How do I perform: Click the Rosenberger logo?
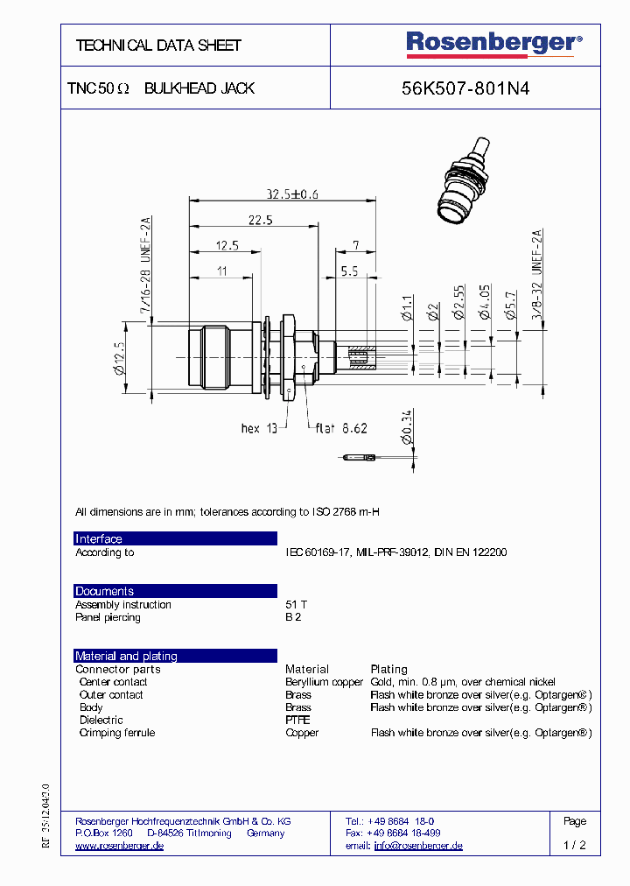pyautogui.click(x=493, y=43)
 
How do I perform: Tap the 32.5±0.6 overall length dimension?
pyautogui.click(x=292, y=194)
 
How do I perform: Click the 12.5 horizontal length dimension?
pyautogui.click(x=227, y=246)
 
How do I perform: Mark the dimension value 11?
pyautogui.click(x=221, y=271)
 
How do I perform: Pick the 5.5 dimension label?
pyautogui.click(x=349, y=271)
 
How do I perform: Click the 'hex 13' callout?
pyautogui.click(x=259, y=428)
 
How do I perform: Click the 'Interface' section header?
pyautogui.click(x=99, y=539)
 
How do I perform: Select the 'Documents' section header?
pyautogui.click(x=104, y=592)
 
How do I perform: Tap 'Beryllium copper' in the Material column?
pyautogui.click(x=324, y=682)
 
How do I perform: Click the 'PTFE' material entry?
pyautogui.click(x=297, y=720)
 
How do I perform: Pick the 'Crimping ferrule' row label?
pyautogui.click(x=117, y=733)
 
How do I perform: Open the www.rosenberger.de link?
pyautogui.click(x=119, y=846)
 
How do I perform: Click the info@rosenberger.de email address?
pyautogui.click(x=418, y=846)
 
